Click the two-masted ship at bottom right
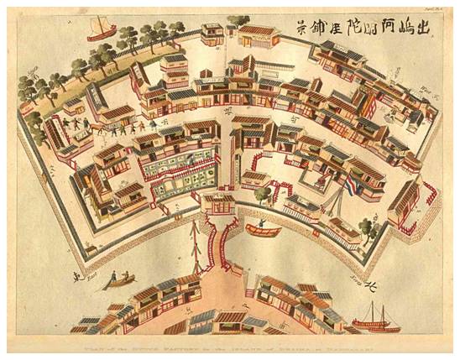[375, 320]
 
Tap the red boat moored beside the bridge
[261, 228]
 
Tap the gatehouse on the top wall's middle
[258, 35]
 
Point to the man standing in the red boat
[261, 222]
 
